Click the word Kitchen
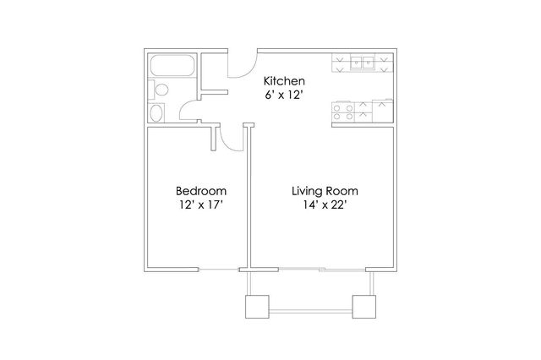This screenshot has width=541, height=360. pyautogui.click(x=284, y=81)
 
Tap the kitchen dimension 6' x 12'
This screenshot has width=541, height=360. pyautogui.click(x=284, y=95)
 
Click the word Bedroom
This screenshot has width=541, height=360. pyautogui.click(x=201, y=191)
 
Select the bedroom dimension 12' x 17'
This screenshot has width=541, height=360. pyautogui.click(x=201, y=205)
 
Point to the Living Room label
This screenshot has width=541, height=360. pyautogui.click(x=325, y=191)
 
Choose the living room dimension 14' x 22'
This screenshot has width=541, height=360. pyautogui.click(x=325, y=205)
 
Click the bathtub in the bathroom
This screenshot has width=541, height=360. pyautogui.click(x=172, y=65)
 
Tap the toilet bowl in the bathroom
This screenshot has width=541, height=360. pyautogui.click(x=161, y=90)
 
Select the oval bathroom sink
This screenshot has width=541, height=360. pyautogui.click(x=156, y=113)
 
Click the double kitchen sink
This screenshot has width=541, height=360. pyautogui.click(x=363, y=63)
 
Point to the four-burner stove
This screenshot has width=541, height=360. pyautogui.click(x=343, y=112)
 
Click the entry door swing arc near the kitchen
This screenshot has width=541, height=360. pyautogui.click(x=246, y=71)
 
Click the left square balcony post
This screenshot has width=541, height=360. pyautogui.click(x=257, y=307)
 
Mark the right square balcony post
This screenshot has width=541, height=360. pyautogui.click(x=364, y=307)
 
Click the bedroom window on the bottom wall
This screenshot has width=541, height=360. pyautogui.click(x=219, y=270)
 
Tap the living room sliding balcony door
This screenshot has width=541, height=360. pyautogui.click(x=322, y=270)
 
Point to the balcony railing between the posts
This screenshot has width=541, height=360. pyautogui.click(x=310, y=311)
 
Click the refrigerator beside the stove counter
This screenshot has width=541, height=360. pyautogui.click(x=383, y=111)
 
